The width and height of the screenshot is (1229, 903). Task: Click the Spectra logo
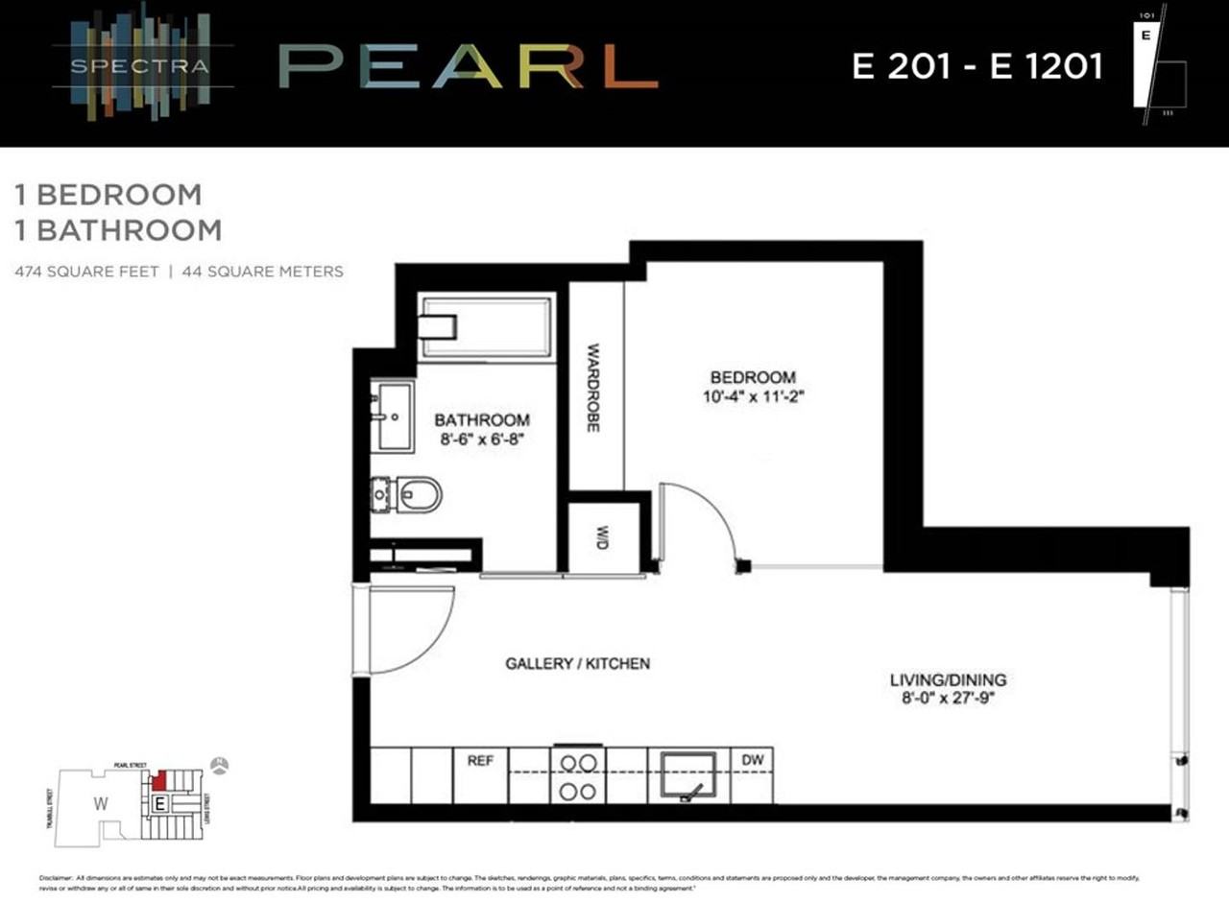(143, 66)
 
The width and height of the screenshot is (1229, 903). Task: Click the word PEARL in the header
(469, 67)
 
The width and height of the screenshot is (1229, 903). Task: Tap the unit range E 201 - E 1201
(977, 66)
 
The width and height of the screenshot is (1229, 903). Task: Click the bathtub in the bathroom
(486, 327)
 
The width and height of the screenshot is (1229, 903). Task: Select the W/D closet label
(603, 538)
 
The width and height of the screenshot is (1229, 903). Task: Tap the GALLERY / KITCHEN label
(578, 663)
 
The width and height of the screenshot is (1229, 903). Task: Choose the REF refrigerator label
(480, 760)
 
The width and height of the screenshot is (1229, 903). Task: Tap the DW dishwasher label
(752, 760)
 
